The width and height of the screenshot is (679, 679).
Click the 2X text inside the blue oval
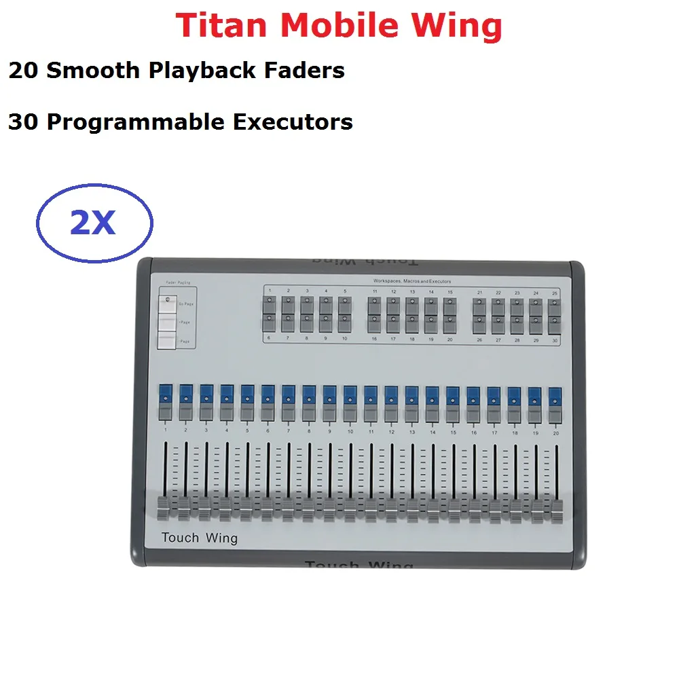click(93, 222)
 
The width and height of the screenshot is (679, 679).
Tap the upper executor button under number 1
click(270, 304)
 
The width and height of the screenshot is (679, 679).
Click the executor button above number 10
click(345, 322)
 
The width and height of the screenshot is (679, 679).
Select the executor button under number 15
click(449, 304)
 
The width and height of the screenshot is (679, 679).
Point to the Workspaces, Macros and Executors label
click(411, 280)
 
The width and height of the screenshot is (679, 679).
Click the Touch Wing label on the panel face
click(200, 538)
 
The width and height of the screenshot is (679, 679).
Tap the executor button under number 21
click(479, 304)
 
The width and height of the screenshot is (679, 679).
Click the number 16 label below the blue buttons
click(473, 430)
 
